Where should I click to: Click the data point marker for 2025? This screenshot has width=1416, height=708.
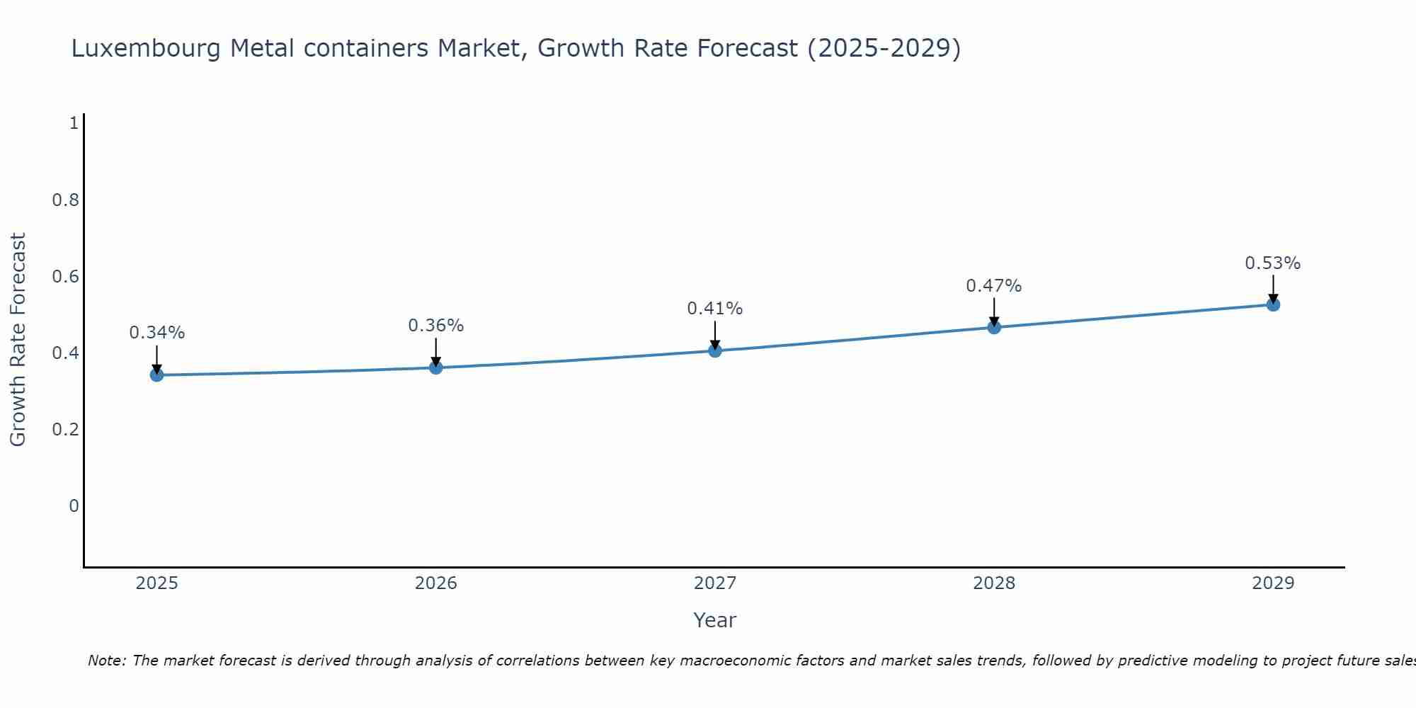coord(156,375)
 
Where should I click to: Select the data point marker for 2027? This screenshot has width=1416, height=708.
coord(715,350)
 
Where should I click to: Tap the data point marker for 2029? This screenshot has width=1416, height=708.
coord(1273,304)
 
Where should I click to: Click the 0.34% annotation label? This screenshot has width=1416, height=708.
coord(156,332)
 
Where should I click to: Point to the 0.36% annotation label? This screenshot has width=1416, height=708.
coord(435,326)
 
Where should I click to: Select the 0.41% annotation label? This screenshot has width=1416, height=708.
coord(715,309)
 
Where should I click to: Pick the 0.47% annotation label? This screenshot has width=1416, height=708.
coord(994,286)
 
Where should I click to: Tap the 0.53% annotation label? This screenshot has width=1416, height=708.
coord(1273,263)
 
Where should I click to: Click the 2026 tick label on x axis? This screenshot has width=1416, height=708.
coord(435,583)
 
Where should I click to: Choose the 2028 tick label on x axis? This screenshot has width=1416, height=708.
coord(994,583)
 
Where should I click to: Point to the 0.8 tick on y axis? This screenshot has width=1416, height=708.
coord(65,200)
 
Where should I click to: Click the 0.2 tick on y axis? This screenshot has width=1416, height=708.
coord(65,429)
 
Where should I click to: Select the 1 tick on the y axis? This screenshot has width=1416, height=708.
coord(73,123)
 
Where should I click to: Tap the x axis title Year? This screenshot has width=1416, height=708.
coord(715,620)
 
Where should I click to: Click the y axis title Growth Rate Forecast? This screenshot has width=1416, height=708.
coord(18,340)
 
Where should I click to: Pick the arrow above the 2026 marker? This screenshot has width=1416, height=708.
coord(435,352)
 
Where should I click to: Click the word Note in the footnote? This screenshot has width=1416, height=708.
coord(106,661)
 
